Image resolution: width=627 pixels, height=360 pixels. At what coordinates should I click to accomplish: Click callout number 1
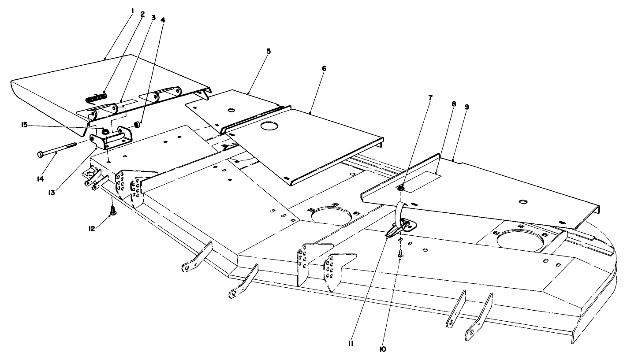(x=133, y=8)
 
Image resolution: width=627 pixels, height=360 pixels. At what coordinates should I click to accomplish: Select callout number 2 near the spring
(x=142, y=14)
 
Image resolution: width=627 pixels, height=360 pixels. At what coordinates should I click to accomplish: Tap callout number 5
(x=269, y=51)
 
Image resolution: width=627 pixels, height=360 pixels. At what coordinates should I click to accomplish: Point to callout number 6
(x=325, y=69)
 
